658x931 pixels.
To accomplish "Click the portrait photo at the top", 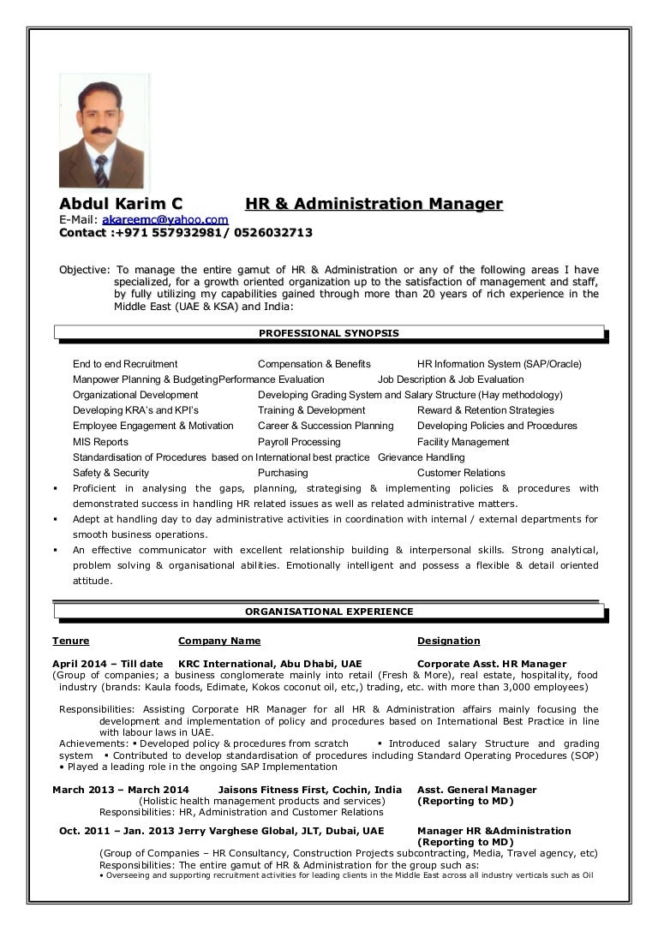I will (x=101, y=131).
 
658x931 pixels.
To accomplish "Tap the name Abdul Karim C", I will (x=121, y=204).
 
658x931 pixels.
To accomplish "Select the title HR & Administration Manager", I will (x=374, y=204).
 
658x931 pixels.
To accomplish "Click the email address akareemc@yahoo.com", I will (x=165, y=219).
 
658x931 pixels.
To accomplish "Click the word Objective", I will (x=83, y=270).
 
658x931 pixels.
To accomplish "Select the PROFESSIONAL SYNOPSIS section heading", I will (x=328, y=333).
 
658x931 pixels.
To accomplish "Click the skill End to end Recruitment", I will (x=125, y=364).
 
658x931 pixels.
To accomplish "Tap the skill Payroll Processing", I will (x=299, y=442).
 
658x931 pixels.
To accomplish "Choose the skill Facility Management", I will (x=463, y=442).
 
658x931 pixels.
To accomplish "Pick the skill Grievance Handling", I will (x=421, y=457).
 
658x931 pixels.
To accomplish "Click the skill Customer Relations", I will (x=461, y=473).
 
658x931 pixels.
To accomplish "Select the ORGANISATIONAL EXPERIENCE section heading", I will (x=329, y=612).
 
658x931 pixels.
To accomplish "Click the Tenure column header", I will (x=70, y=641).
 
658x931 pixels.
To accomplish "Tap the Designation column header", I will (x=448, y=641).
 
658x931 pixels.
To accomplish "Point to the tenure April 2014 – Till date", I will (x=108, y=664).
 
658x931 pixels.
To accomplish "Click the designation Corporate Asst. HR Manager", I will (x=491, y=664).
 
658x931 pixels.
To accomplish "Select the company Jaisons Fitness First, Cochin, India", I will (x=310, y=790).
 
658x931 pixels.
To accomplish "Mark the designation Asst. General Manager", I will (x=476, y=790).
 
